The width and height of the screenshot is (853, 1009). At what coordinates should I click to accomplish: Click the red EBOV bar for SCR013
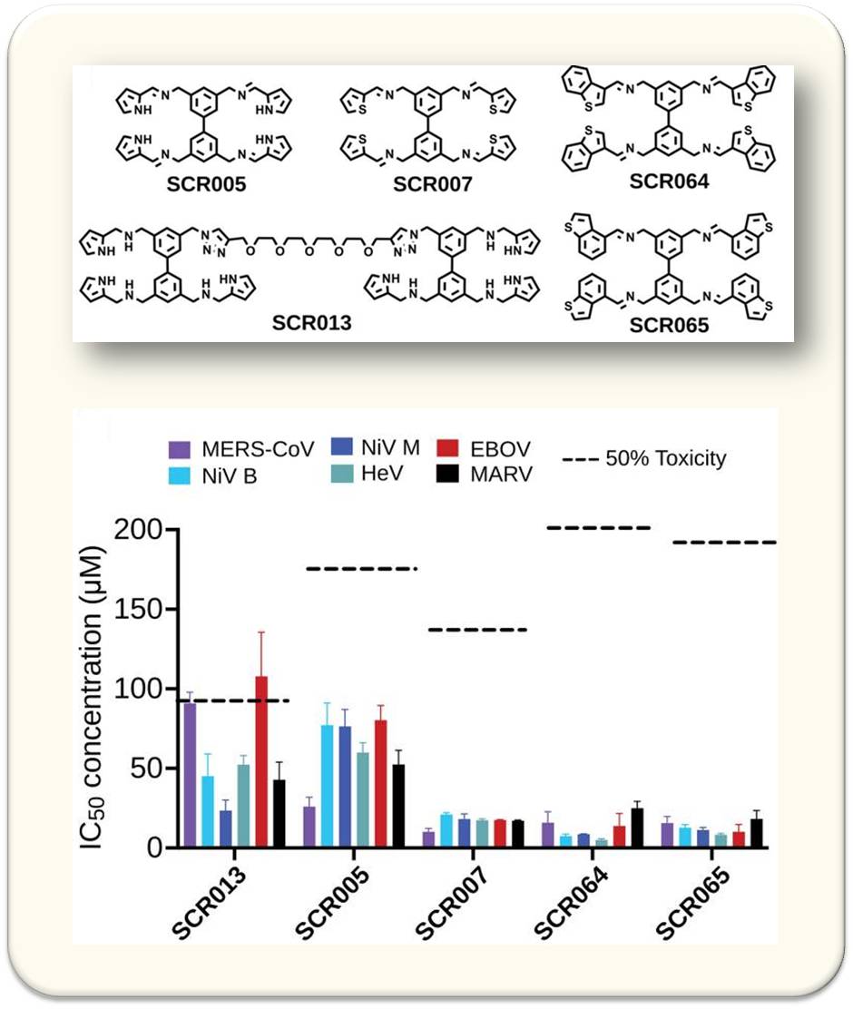(261, 762)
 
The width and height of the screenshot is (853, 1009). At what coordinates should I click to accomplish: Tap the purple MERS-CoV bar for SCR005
(309, 827)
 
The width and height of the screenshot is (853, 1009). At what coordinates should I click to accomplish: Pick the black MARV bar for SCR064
(637, 828)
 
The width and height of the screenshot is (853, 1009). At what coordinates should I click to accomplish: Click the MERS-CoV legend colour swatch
(179, 449)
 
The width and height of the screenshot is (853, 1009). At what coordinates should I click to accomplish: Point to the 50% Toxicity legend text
(666, 458)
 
